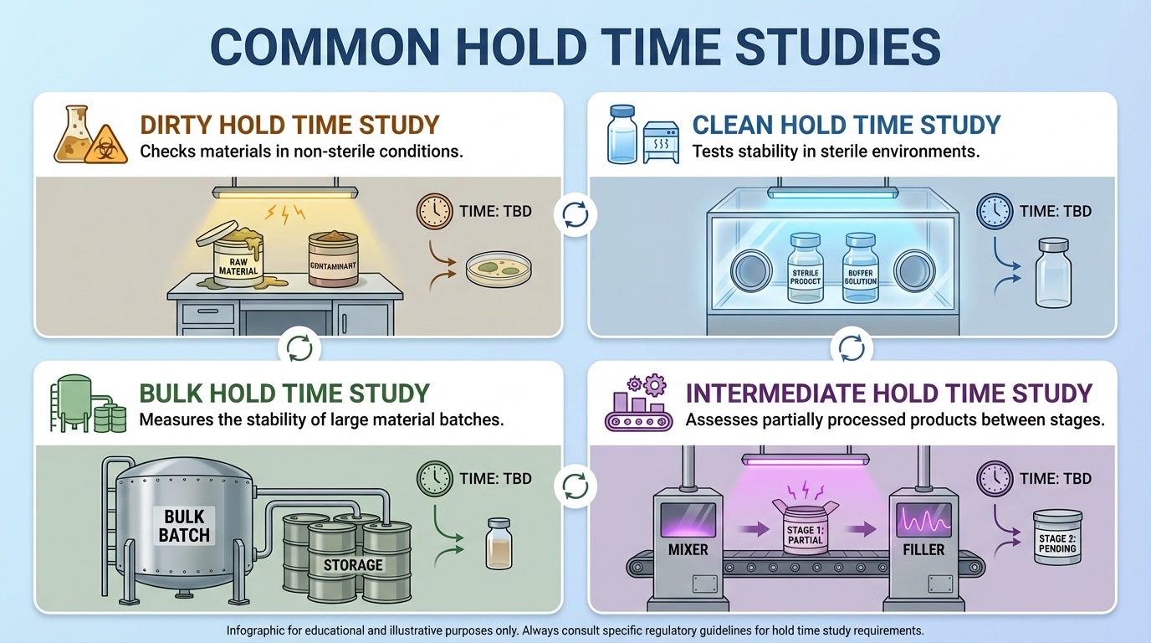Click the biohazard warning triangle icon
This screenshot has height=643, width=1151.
[107, 145]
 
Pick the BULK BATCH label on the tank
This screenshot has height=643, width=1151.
[184, 525]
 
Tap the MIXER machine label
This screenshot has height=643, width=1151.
[689, 550]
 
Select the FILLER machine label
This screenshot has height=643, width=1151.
[923, 550]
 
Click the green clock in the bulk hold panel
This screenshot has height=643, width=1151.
[433, 479]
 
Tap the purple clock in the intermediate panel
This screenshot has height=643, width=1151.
[994, 479]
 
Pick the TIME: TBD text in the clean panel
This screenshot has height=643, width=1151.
[1055, 211]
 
